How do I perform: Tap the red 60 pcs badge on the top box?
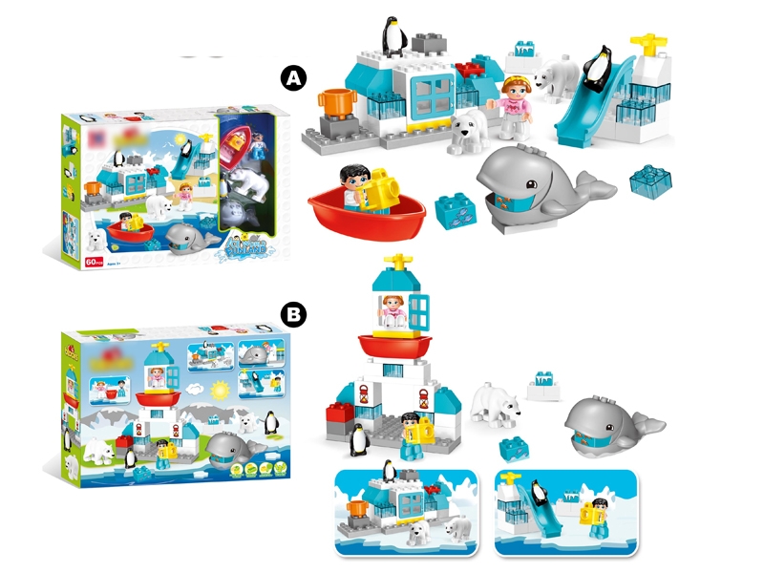click(94, 262)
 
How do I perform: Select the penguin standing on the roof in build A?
click(393, 37)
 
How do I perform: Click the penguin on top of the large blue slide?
click(599, 70)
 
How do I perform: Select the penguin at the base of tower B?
click(358, 440)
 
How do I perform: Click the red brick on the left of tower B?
click(340, 414)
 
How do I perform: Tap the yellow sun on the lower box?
click(222, 390)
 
